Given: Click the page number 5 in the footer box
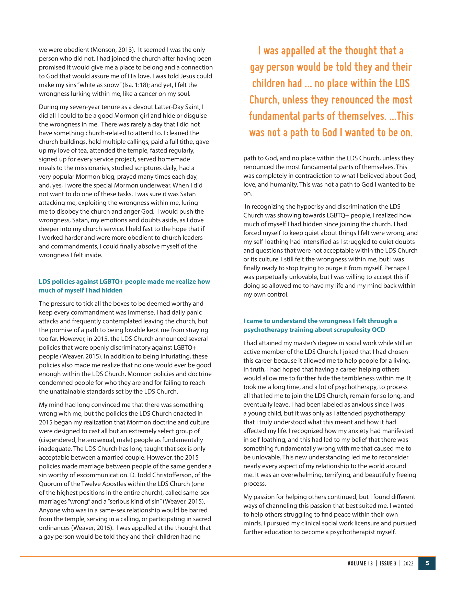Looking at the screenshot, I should [427, 563].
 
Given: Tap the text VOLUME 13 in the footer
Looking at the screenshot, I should [360, 563].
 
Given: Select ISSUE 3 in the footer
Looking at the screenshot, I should [388, 563].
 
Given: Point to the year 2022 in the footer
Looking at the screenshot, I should [408, 563].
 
